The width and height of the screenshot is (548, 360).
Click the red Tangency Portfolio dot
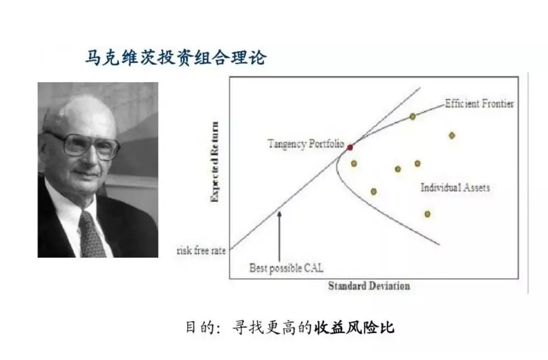click(x=350, y=148)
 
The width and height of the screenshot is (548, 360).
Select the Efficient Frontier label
click(x=480, y=103)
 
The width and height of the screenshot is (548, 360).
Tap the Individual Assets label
click(x=455, y=187)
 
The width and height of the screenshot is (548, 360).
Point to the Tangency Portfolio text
click(x=306, y=144)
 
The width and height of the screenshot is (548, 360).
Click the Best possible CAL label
click(x=286, y=268)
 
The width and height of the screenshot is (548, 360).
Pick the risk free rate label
click(x=201, y=250)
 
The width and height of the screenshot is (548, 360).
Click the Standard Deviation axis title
click(x=369, y=286)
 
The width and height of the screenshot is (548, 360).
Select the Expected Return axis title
click(x=215, y=162)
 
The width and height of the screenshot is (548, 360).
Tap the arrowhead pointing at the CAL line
click(x=279, y=214)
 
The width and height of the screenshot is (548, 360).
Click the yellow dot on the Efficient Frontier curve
click(x=413, y=116)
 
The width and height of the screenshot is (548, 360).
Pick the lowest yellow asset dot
click(x=427, y=214)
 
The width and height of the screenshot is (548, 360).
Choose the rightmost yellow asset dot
click(x=452, y=135)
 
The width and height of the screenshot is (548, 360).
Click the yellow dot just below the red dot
click(x=354, y=163)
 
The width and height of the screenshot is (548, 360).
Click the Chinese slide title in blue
click(x=176, y=58)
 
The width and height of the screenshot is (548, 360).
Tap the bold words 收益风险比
click(x=354, y=328)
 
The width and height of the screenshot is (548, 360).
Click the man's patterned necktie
click(x=92, y=235)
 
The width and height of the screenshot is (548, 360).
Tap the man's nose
click(x=92, y=159)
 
